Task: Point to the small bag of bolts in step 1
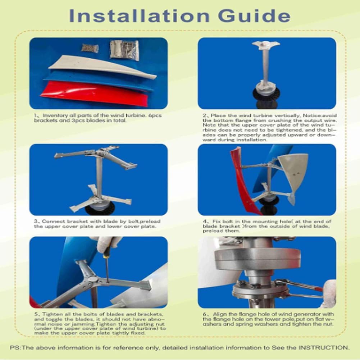(x=90, y=48)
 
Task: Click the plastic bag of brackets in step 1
(x=124, y=49)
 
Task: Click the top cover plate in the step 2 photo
(x=265, y=45)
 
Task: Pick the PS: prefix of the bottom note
(x=15, y=347)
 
